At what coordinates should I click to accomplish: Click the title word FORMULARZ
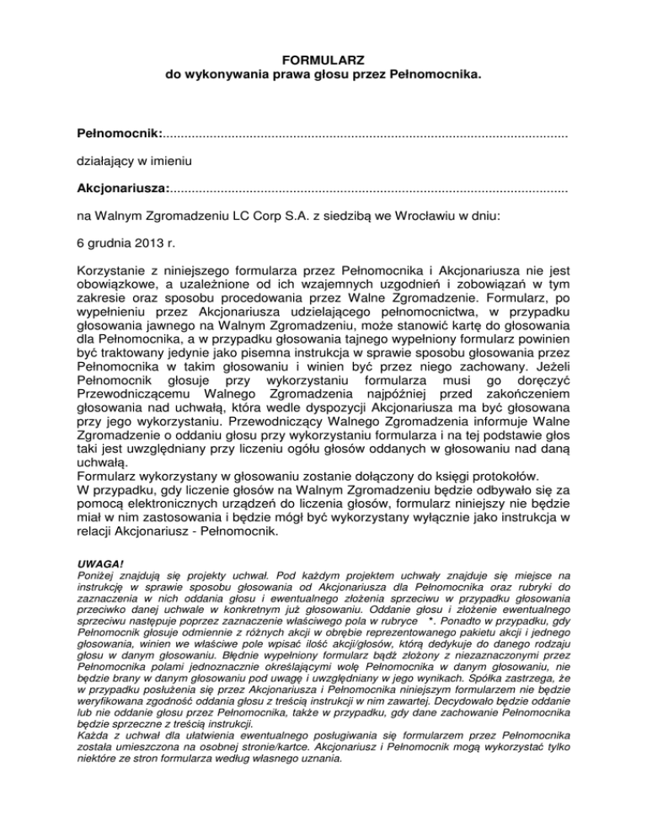pyautogui.click(x=323, y=61)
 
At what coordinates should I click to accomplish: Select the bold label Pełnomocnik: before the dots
pyautogui.click(x=119, y=134)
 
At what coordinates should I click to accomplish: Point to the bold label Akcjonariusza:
pyautogui.click(x=123, y=187)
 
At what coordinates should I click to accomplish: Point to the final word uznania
pyautogui.click(x=320, y=766)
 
